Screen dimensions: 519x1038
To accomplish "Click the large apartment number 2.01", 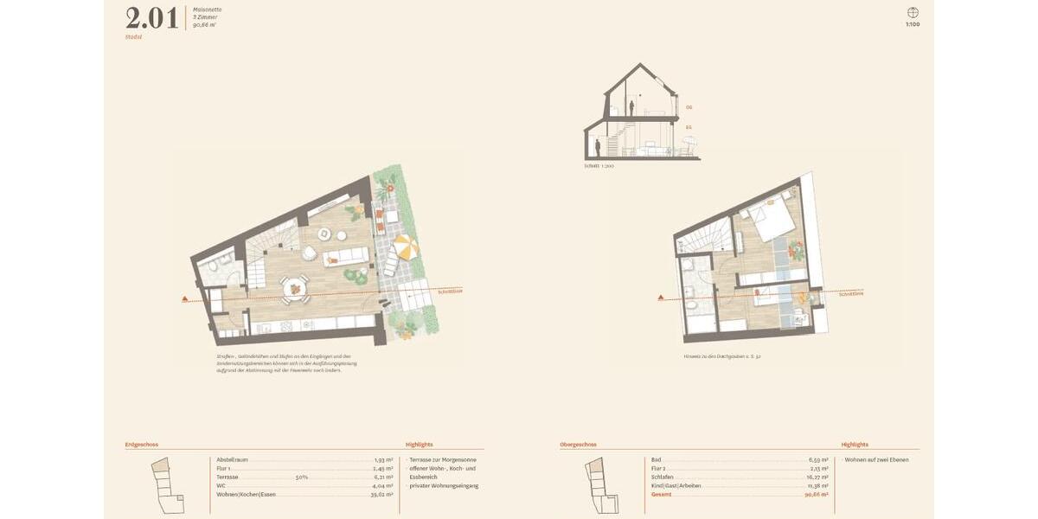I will click(152, 18).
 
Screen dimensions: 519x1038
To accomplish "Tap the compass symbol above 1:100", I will click(913, 12).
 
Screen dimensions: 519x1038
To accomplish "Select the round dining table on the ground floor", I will click(296, 285).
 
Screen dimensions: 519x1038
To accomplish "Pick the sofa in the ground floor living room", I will click(345, 257).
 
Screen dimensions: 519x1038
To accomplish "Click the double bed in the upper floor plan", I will click(772, 219).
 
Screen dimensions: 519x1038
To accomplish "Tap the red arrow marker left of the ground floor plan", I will click(185, 299).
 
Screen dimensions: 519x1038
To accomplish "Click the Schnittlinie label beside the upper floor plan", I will click(851, 293).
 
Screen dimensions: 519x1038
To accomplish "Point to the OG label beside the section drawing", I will click(689, 107).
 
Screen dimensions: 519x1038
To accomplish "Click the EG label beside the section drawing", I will click(689, 127).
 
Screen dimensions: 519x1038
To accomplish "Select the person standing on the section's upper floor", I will click(632, 107).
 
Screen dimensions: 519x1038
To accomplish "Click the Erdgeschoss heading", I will click(142, 445).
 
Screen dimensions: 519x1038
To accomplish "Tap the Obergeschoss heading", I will click(578, 445).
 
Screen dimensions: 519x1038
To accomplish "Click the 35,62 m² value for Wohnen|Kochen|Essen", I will click(382, 494).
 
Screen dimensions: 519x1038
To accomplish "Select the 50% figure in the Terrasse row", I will click(302, 477).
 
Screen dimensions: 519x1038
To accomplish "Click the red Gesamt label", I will click(662, 494).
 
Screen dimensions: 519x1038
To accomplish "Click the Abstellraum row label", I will click(233, 459).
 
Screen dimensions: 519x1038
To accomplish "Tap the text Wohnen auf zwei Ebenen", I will click(876, 459).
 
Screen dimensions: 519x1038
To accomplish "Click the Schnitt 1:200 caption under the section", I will click(599, 165).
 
